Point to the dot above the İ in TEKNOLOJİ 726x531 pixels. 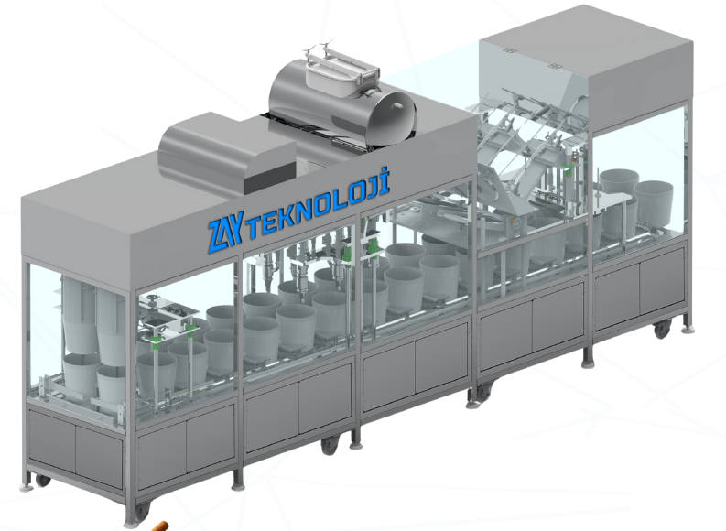tap(384, 171)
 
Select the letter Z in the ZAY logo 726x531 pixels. tap(215, 237)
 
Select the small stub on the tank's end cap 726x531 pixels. tap(396, 106)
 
